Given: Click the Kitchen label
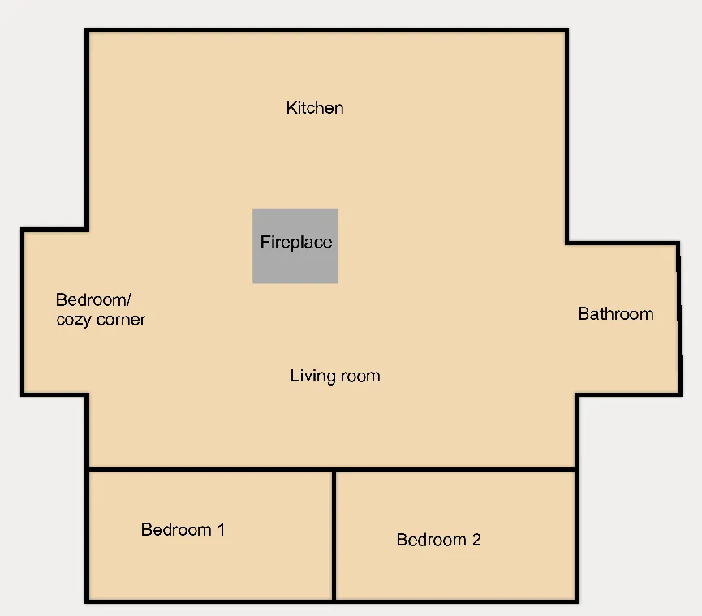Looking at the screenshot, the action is click(315, 108).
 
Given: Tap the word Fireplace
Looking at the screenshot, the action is click(296, 242).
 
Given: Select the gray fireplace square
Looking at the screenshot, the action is click(295, 246).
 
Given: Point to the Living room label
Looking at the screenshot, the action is click(335, 376).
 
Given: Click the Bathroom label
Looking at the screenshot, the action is click(616, 314).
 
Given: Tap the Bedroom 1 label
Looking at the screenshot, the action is click(183, 530).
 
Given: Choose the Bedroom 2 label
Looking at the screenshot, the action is click(439, 540).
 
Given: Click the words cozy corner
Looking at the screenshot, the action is click(101, 320).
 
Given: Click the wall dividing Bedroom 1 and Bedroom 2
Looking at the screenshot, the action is click(334, 535).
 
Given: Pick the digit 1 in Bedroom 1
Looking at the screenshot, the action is click(221, 530).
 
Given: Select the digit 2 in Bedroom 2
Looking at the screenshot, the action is click(476, 540).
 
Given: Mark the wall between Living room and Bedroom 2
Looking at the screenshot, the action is click(455, 470).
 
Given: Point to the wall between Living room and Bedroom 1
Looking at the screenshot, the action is click(210, 470).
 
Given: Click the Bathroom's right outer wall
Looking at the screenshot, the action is click(679, 319).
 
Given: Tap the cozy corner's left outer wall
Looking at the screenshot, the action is click(23, 312).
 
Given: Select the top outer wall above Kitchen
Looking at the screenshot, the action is click(327, 31).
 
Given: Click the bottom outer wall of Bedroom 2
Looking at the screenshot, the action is click(456, 601).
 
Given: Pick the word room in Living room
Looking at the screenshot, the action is click(360, 377).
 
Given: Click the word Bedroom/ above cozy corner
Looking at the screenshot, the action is click(93, 300).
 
